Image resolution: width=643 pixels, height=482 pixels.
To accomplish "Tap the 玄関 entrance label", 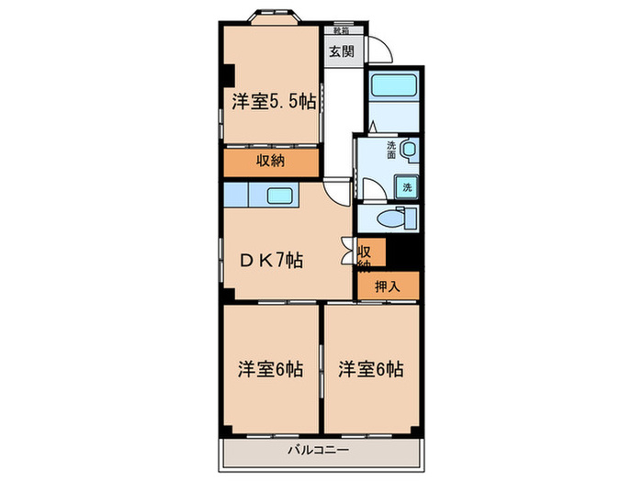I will [x=341, y=51].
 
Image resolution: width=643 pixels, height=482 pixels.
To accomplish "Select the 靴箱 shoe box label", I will [x=341, y=29].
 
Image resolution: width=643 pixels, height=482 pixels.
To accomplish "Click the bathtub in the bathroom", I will [x=392, y=90].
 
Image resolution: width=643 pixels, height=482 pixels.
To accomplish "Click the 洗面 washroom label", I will [x=391, y=148].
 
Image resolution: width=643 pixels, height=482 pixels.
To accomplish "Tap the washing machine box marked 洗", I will [x=407, y=186].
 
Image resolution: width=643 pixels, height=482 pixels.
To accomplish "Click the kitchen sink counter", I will [x=280, y=195].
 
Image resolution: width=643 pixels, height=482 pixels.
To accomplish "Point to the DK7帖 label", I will [x=271, y=260].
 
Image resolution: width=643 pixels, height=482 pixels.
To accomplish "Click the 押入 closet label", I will [x=388, y=286].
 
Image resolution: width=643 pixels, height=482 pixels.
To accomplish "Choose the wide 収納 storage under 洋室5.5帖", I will [x=269, y=161].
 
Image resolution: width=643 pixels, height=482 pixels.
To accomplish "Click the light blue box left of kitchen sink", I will [x=235, y=195].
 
